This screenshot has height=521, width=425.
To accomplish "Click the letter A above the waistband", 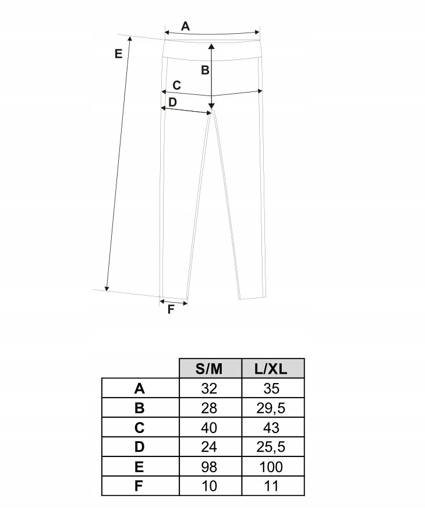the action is click(185, 26).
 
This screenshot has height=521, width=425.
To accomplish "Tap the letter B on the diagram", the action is click(205, 70).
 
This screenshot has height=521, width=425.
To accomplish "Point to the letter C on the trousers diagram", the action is click(177, 85).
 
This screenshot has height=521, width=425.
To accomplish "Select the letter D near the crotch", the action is click(172, 102).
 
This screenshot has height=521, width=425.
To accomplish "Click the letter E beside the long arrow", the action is click(118, 54).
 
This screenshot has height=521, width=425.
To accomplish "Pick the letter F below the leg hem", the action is click(171, 309).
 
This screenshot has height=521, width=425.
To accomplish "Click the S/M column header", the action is click(209, 369).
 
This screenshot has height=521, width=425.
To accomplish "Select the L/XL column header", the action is click(271, 369).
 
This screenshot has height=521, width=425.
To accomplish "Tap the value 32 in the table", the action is click(209, 388).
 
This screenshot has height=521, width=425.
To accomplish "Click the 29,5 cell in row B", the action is click(271, 408).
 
